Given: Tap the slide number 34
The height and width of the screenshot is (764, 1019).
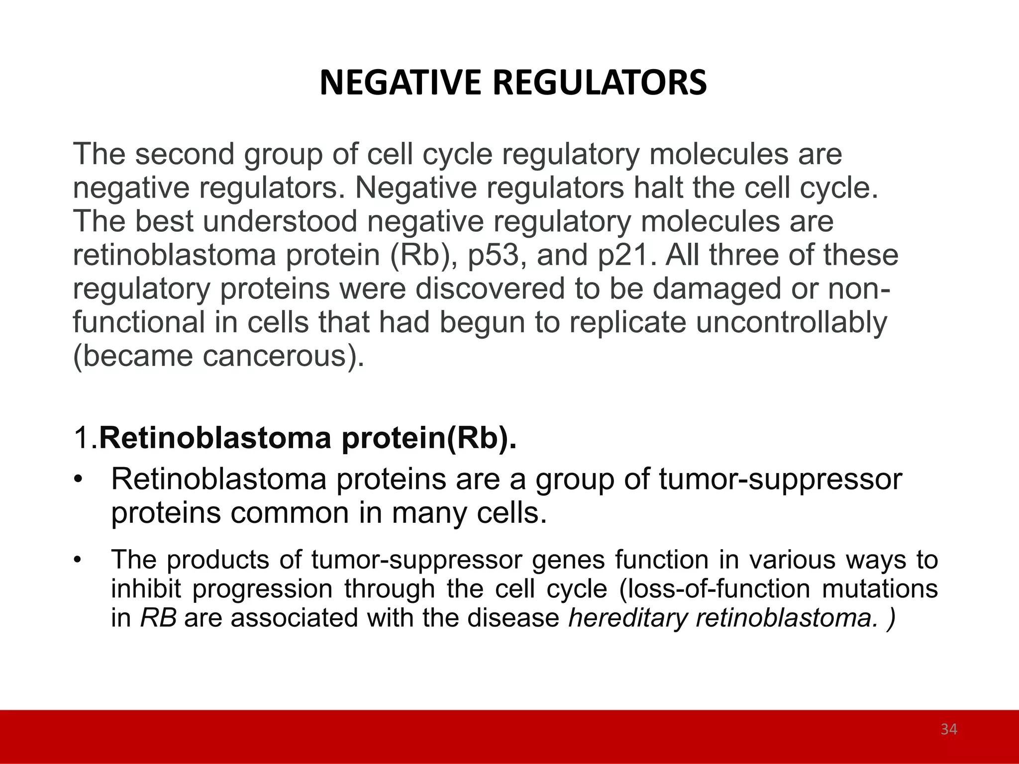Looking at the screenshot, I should click(x=949, y=729).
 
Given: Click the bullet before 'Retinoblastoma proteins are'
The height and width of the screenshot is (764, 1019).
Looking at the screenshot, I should click(x=77, y=480).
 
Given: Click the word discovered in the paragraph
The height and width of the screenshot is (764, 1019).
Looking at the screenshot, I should click(x=490, y=289).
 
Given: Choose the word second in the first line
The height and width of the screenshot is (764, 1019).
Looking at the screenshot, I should click(x=185, y=154).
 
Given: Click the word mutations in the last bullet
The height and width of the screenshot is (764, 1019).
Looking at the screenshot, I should click(x=880, y=589).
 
